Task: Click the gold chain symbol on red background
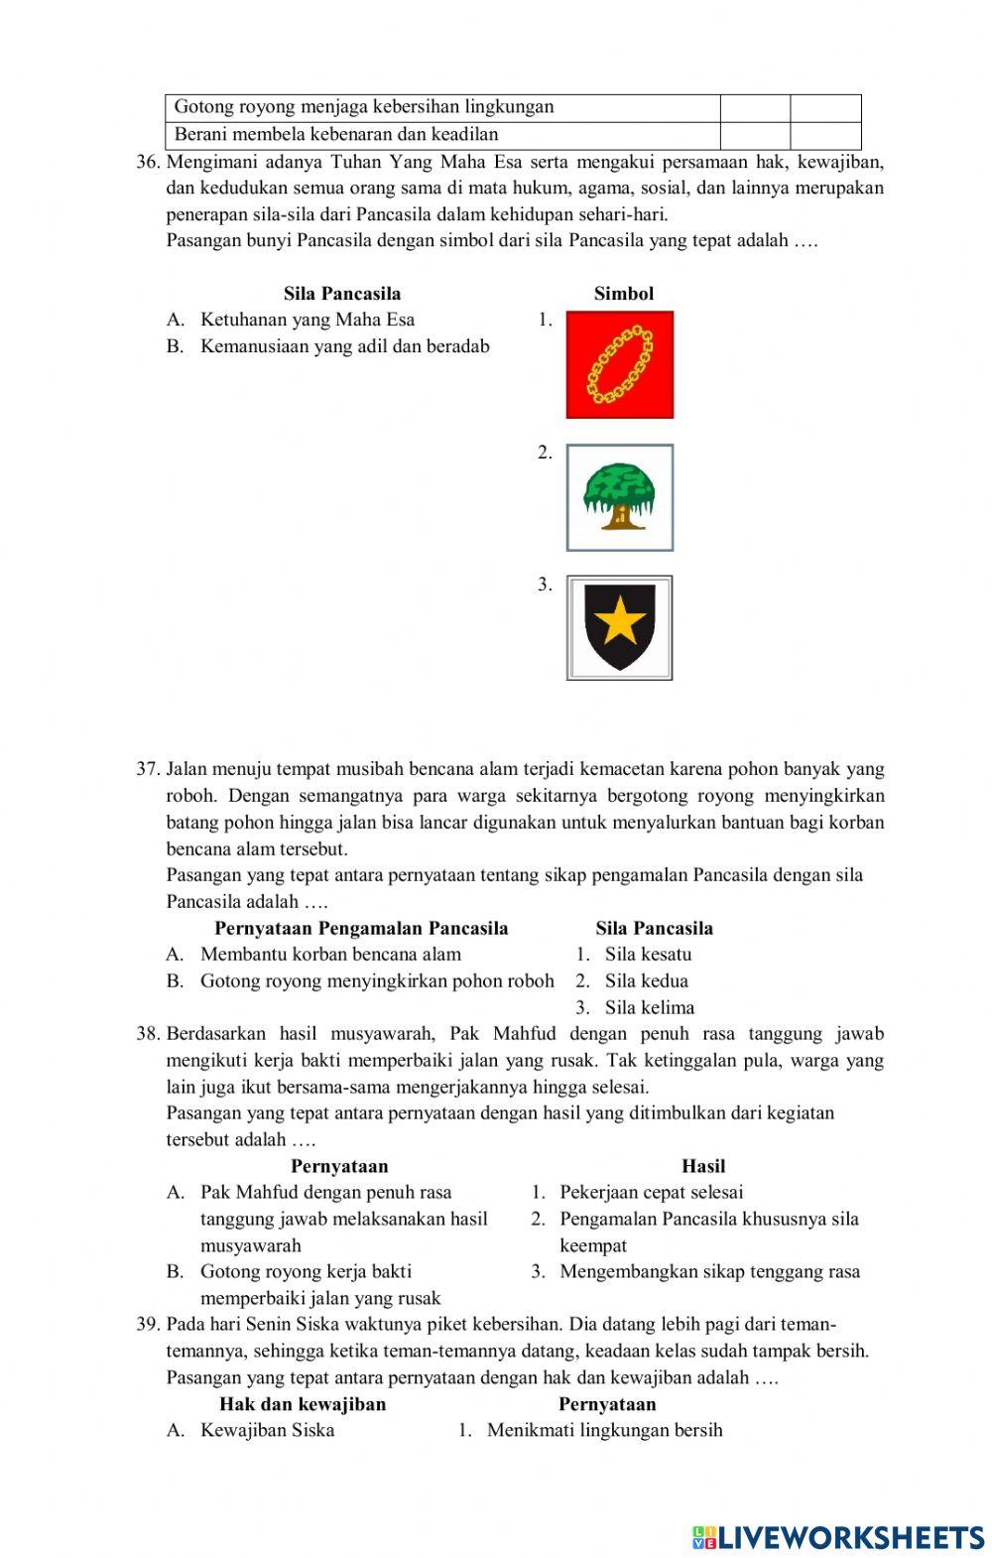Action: pyautogui.click(x=620, y=365)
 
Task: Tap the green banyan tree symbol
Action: pyautogui.click(x=620, y=497)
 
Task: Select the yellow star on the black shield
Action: pyautogui.click(x=620, y=623)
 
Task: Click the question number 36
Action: pyautogui.click(x=148, y=161)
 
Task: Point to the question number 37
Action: pyautogui.click(x=148, y=769)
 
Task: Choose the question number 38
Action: pyautogui.click(x=148, y=1034)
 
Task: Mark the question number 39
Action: pyautogui.click(x=148, y=1325)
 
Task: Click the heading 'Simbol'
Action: pyautogui.click(x=624, y=294)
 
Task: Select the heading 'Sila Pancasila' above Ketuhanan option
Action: pyautogui.click(x=342, y=294)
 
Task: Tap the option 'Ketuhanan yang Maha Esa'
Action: pyautogui.click(x=308, y=320)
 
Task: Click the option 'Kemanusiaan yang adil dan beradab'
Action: pyautogui.click(x=344, y=346)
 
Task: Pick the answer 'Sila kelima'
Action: pyautogui.click(x=650, y=1007)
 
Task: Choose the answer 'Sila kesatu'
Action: pyautogui.click(x=649, y=955)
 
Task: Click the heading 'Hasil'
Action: pyautogui.click(x=703, y=1166)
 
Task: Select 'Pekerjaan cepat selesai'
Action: pyautogui.click(x=651, y=1193)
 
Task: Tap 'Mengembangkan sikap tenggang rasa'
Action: pyautogui.click(x=709, y=1272)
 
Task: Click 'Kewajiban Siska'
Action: pyautogui.click(x=267, y=1430)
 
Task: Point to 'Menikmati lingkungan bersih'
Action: pyautogui.click(x=605, y=1430)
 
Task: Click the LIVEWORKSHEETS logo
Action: pyautogui.click(x=838, y=1537)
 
